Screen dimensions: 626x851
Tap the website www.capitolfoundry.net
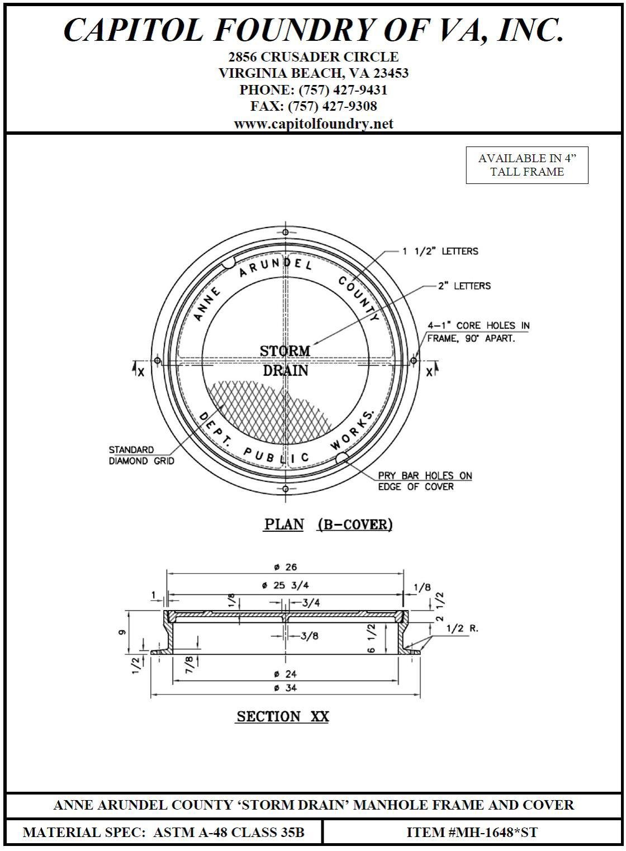(x=314, y=124)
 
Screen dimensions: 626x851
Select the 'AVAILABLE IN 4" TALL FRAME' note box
(x=527, y=166)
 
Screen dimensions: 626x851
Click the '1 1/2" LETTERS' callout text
(x=440, y=251)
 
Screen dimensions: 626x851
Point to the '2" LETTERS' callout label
(x=464, y=286)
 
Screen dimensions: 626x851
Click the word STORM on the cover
(x=285, y=351)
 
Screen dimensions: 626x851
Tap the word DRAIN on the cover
(x=285, y=370)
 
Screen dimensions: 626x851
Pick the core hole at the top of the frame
(x=286, y=232)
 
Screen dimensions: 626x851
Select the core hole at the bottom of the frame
(x=286, y=488)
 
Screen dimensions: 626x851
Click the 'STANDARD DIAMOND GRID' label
(x=141, y=455)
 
